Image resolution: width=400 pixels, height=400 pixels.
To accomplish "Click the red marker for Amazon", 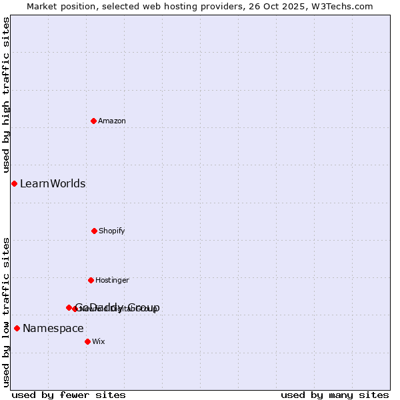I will pyautogui.click(x=93, y=121).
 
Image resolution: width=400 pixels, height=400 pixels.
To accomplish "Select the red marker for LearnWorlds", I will pyautogui.click(x=14, y=183).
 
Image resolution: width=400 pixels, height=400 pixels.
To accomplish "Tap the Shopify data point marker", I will pyautogui.click(x=94, y=231).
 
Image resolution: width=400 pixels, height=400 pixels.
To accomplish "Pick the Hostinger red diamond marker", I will pyautogui.click(x=91, y=280).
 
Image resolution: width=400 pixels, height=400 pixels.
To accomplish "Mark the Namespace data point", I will pyautogui.click(x=17, y=328).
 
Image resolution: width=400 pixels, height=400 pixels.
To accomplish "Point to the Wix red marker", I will pyautogui.click(x=87, y=341).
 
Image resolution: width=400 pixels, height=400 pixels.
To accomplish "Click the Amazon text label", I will pyautogui.click(x=112, y=121).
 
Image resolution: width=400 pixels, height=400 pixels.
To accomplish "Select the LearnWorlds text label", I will pyautogui.click(x=53, y=183).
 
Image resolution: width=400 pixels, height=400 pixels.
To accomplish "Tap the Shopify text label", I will pyautogui.click(x=112, y=231).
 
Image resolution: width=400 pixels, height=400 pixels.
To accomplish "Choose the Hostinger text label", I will pyautogui.click(x=112, y=280).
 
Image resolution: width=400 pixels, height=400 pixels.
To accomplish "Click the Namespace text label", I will pyautogui.click(x=53, y=328).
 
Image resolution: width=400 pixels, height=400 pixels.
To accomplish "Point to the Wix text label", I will pyautogui.click(x=98, y=341).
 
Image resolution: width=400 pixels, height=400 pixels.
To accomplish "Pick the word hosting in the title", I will pyautogui.click(x=179, y=6).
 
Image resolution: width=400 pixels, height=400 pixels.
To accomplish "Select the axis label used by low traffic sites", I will pyautogui.click(x=6, y=311).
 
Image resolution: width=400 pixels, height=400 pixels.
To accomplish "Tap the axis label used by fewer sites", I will pyautogui.click(x=69, y=395).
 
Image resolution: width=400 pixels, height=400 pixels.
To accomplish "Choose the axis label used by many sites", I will pyautogui.click(x=335, y=395).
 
